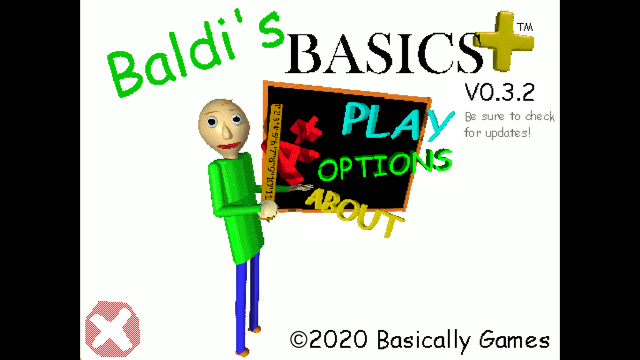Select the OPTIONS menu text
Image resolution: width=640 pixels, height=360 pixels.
pyautogui.click(x=384, y=165)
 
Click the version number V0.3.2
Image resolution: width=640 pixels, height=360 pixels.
pyautogui.click(x=499, y=93)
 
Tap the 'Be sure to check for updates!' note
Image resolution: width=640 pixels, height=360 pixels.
pyautogui.click(x=509, y=124)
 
